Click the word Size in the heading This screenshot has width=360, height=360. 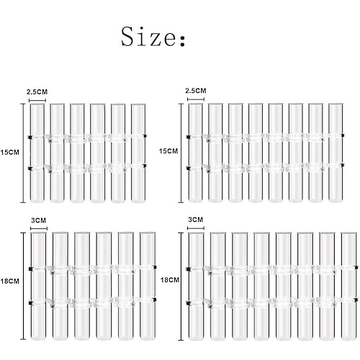point(148,37)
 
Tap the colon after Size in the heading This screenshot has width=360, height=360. point(182,41)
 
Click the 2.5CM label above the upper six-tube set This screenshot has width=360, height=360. point(37,92)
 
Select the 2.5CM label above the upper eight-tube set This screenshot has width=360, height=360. point(196,91)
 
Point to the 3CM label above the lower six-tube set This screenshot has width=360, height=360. point(39,220)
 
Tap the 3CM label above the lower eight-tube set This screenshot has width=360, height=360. point(196,220)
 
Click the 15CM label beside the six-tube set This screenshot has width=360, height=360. point(9,153)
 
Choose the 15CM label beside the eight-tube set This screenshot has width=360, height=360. point(168,151)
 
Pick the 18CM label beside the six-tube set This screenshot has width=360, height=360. point(9,281)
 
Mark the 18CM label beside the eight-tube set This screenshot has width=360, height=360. point(170,280)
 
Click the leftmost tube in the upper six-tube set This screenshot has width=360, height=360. point(37,153)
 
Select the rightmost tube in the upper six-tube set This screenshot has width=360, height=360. point(138,153)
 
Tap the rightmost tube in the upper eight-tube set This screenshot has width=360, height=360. point(336,153)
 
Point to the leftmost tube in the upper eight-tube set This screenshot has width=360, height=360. point(196,153)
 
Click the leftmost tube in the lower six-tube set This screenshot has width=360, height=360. point(38,286)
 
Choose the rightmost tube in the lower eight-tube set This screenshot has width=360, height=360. point(349,286)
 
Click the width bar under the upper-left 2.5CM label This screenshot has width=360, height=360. point(37,101)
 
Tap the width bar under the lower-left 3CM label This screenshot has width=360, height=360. point(39,228)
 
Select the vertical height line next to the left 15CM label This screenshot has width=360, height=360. point(23,153)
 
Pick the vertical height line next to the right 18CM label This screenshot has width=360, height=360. point(181,287)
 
